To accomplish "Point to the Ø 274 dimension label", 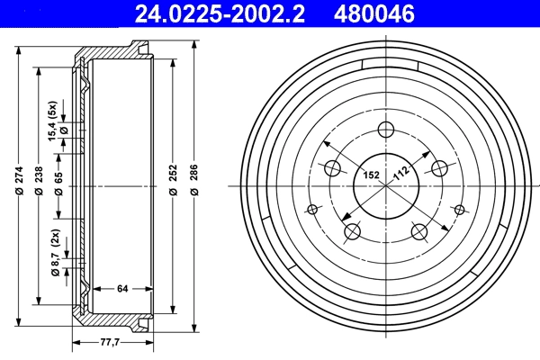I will [x=19, y=184].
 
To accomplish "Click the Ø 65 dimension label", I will [x=59, y=184].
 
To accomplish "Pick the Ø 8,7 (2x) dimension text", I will [x=56, y=254].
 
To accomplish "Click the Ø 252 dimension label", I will [x=172, y=184].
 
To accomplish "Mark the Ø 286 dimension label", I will [x=194, y=184].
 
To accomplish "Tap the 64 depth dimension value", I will [x=123, y=289].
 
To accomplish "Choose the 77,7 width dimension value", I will [x=111, y=342].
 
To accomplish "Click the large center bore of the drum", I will [x=387, y=187].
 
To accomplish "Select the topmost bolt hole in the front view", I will [x=387, y=129].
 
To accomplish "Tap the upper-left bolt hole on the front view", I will [x=332, y=167].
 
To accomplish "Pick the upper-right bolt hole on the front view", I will [x=440, y=167].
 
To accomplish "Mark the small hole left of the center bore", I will [x=312, y=210].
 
